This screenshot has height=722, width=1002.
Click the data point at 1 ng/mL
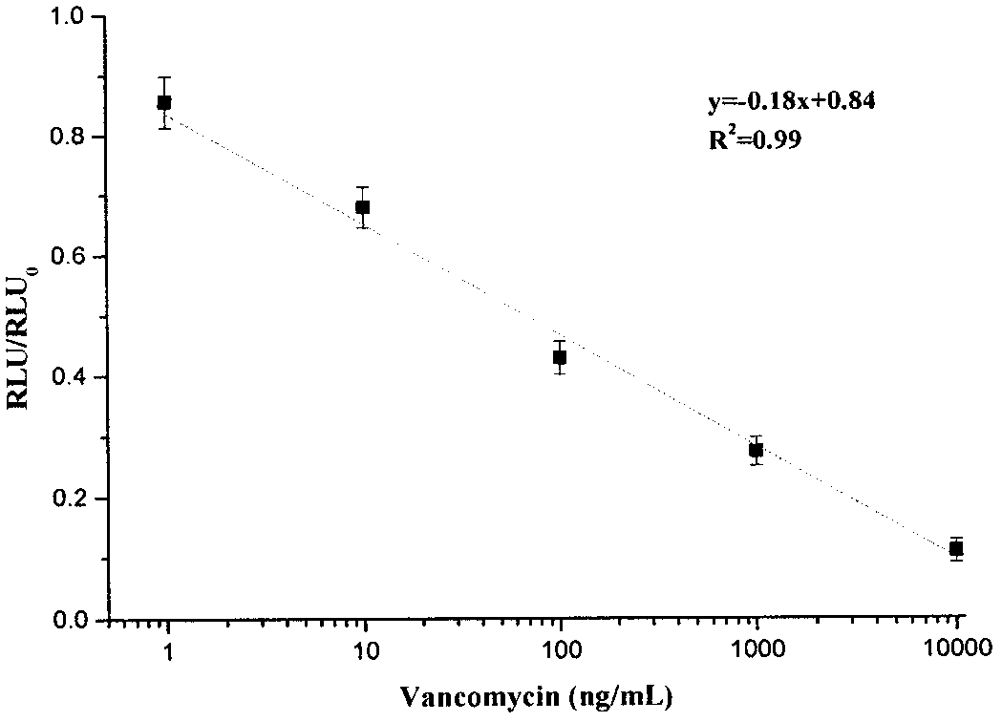pos(164,102)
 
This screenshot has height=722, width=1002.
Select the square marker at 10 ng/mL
pos(362,207)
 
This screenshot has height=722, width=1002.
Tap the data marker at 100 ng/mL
pos(560,357)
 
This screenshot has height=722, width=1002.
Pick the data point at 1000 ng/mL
pos(756,451)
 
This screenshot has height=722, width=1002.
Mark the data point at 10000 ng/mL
pos(956,548)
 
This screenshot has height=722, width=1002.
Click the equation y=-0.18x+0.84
pos(791,101)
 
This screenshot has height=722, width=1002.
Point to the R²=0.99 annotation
pos(754,138)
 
